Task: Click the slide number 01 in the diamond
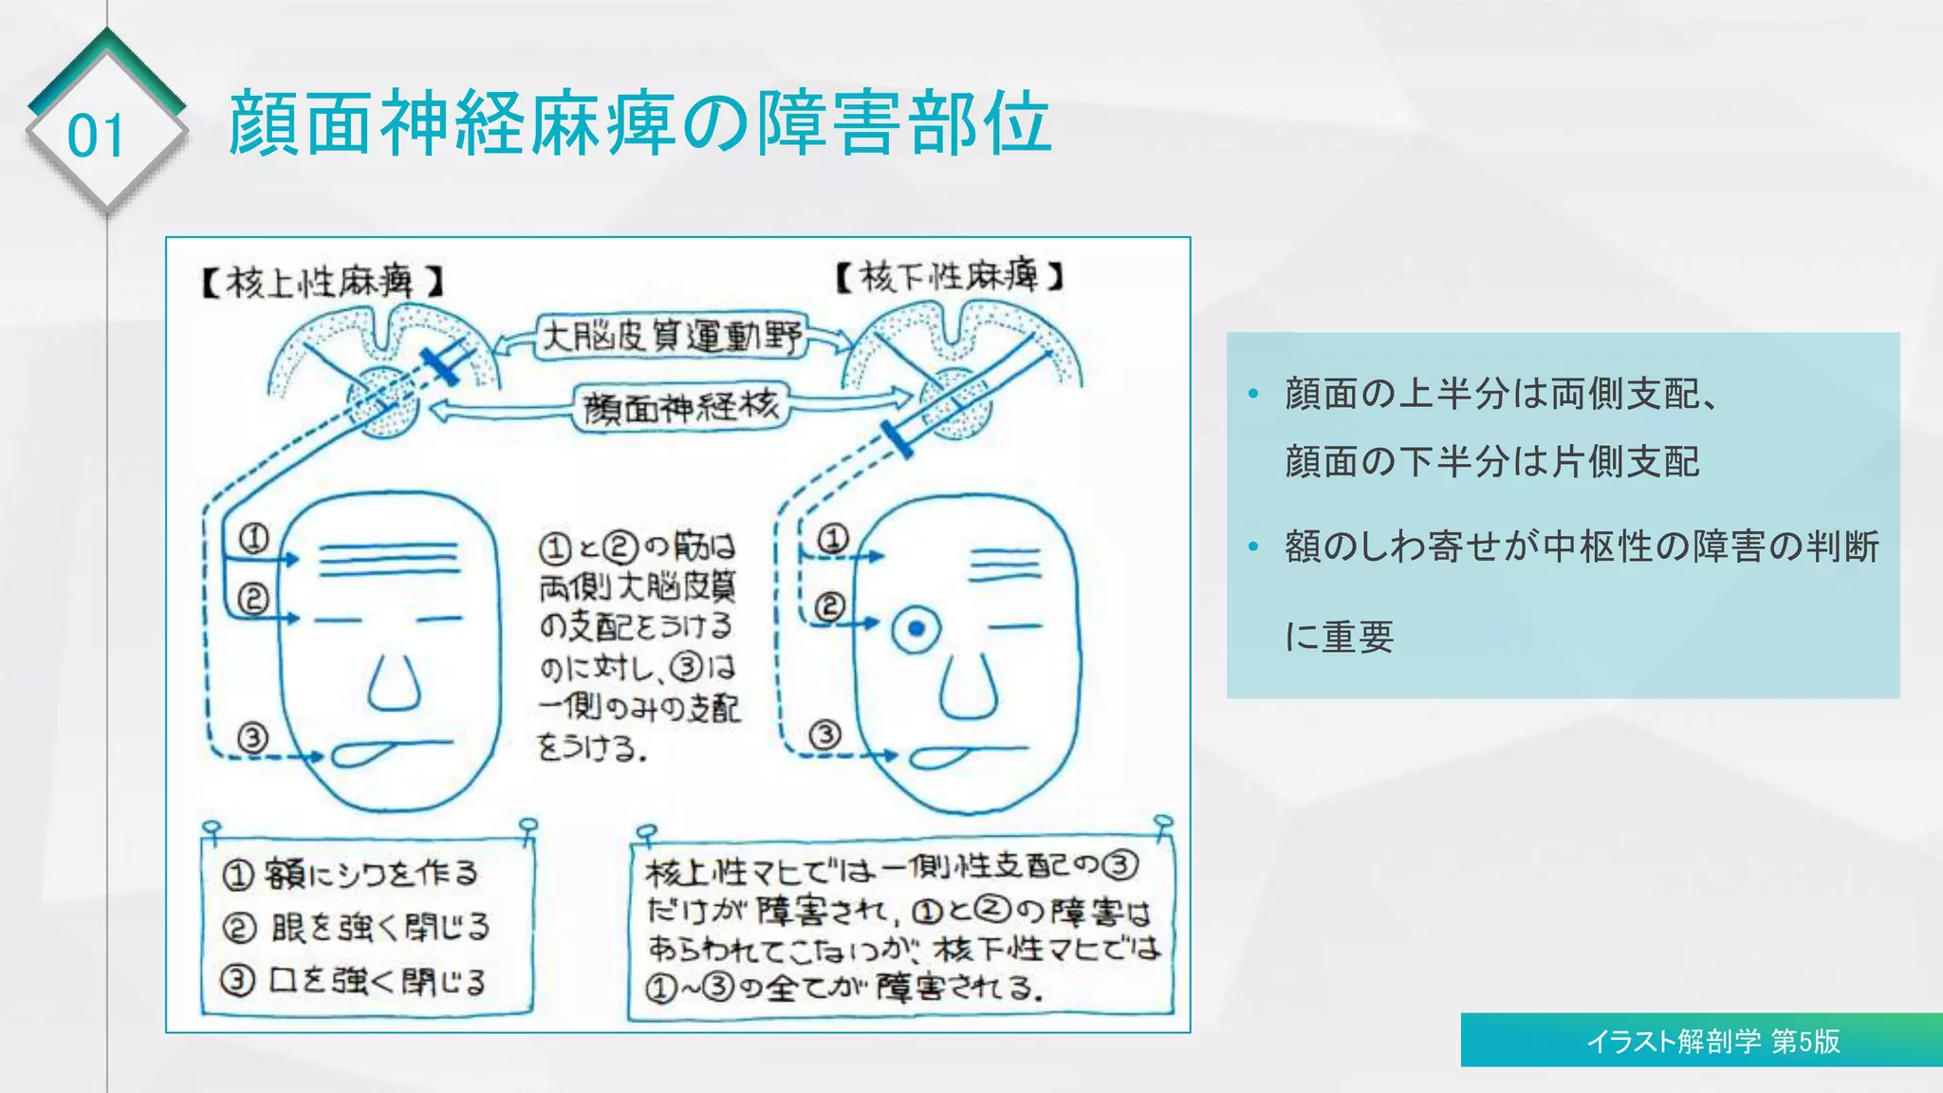[x=96, y=136]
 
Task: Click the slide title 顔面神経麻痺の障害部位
[x=639, y=123]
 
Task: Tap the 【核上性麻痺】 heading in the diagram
[x=323, y=282]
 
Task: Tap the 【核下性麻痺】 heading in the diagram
[x=950, y=276]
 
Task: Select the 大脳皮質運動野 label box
[x=671, y=337]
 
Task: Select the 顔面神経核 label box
[x=680, y=408]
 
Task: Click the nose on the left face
[x=394, y=683]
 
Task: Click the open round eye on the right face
[x=916, y=629]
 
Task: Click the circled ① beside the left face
[x=253, y=539]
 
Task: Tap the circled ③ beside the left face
[x=252, y=737]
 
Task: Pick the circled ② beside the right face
[x=829, y=606]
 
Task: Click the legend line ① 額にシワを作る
[x=351, y=874]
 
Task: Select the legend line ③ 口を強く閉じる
[x=354, y=980]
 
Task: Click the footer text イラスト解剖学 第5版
[x=1712, y=1042]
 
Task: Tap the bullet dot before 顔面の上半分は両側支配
[x=1253, y=394]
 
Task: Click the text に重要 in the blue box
[x=1339, y=637]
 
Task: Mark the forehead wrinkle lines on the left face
[x=389, y=560]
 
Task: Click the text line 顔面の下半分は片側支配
[x=1491, y=462]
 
